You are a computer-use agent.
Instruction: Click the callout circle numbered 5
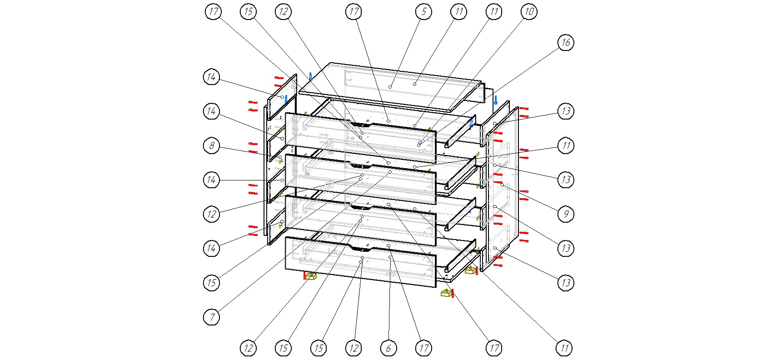tap(423, 11)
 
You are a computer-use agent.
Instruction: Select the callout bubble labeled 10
tap(529, 11)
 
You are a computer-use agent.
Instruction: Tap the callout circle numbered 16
tap(565, 43)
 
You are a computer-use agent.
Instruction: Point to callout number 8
tap(211, 145)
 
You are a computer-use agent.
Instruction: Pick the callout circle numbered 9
tap(565, 214)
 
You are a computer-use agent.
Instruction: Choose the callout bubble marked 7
tap(211, 317)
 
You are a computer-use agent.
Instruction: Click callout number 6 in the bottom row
tap(388, 348)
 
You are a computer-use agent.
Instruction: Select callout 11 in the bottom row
tap(564, 348)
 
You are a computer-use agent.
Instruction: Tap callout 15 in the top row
tap(248, 11)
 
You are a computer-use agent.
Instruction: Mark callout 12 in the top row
tap(283, 11)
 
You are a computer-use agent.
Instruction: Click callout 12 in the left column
tap(211, 214)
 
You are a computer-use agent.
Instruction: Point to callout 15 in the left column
tap(211, 283)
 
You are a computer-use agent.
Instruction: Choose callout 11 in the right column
tap(565, 145)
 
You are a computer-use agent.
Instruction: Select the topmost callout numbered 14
tap(211, 77)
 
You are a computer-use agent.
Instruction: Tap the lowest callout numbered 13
tap(565, 283)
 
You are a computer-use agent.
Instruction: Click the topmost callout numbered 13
tap(565, 111)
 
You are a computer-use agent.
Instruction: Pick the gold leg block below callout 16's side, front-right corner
tap(447, 293)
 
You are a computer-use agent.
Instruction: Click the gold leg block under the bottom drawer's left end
tap(310, 275)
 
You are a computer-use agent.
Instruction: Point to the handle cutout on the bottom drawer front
tap(361, 249)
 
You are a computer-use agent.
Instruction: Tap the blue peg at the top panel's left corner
tap(310, 76)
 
